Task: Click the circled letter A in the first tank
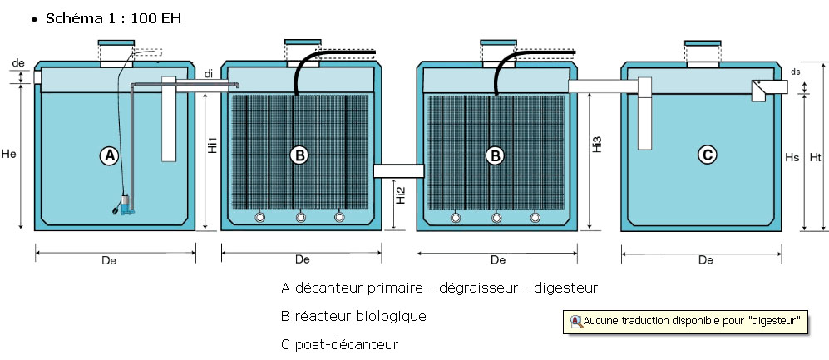coord(108,155)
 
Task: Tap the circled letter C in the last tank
coord(706,155)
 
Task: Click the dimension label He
coord(10,155)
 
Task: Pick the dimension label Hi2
coord(401,195)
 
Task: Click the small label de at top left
coord(18,62)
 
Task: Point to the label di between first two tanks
coord(208,75)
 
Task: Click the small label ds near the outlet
coord(796,72)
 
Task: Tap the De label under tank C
coord(705,260)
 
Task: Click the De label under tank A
coord(108,261)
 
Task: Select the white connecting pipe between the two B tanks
coord(398,170)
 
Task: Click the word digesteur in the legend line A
coord(566,288)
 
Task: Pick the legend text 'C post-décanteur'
coord(340,343)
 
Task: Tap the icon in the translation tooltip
coord(575,320)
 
